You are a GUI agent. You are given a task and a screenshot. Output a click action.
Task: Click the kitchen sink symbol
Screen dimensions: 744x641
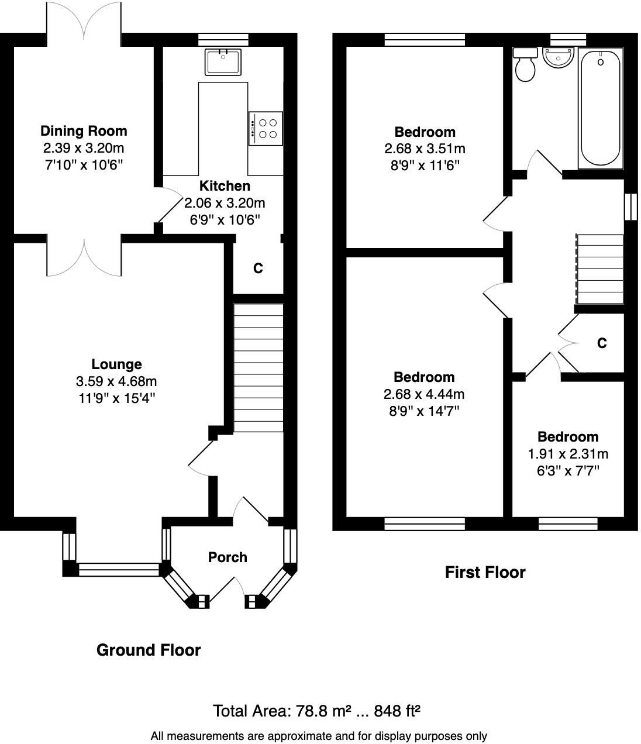tap(222, 62)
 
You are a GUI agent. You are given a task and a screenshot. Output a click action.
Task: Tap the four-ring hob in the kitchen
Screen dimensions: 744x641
tap(266, 128)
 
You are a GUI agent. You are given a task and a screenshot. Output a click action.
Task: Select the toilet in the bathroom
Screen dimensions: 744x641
tap(525, 65)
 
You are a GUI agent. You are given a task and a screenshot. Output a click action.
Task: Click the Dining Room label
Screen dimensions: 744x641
tap(84, 131)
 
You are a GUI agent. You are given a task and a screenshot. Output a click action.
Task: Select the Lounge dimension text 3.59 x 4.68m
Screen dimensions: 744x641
tap(116, 382)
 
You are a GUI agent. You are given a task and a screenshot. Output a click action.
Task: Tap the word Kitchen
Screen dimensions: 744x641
tap(225, 186)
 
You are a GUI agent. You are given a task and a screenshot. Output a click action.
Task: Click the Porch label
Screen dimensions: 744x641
tap(228, 557)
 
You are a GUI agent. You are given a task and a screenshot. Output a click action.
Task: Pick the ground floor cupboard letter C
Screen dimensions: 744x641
tap(258, 268)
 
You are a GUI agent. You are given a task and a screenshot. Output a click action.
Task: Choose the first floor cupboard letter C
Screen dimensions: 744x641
tap(602, 343)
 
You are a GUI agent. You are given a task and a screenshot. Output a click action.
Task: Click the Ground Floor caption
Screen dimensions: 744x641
tap(149, 650)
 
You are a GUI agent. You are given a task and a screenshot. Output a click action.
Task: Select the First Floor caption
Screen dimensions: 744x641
tap(485, 572)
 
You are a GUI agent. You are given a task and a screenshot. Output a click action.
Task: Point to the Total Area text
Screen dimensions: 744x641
tap(316, 711)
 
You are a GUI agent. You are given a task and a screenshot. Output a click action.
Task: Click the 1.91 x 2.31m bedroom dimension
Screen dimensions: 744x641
tap(568, 454)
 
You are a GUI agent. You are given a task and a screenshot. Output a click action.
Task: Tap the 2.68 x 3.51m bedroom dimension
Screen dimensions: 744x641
tap(425, 149)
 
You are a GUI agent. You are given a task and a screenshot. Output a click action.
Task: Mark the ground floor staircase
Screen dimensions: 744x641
tap(258, 367)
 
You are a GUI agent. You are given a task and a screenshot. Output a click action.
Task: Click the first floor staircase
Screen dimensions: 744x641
tap(600, 269)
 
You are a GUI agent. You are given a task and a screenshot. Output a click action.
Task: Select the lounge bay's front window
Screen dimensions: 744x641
tap(119, 569)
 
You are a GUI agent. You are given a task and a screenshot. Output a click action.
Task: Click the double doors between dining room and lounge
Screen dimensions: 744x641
tap(84, 256)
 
